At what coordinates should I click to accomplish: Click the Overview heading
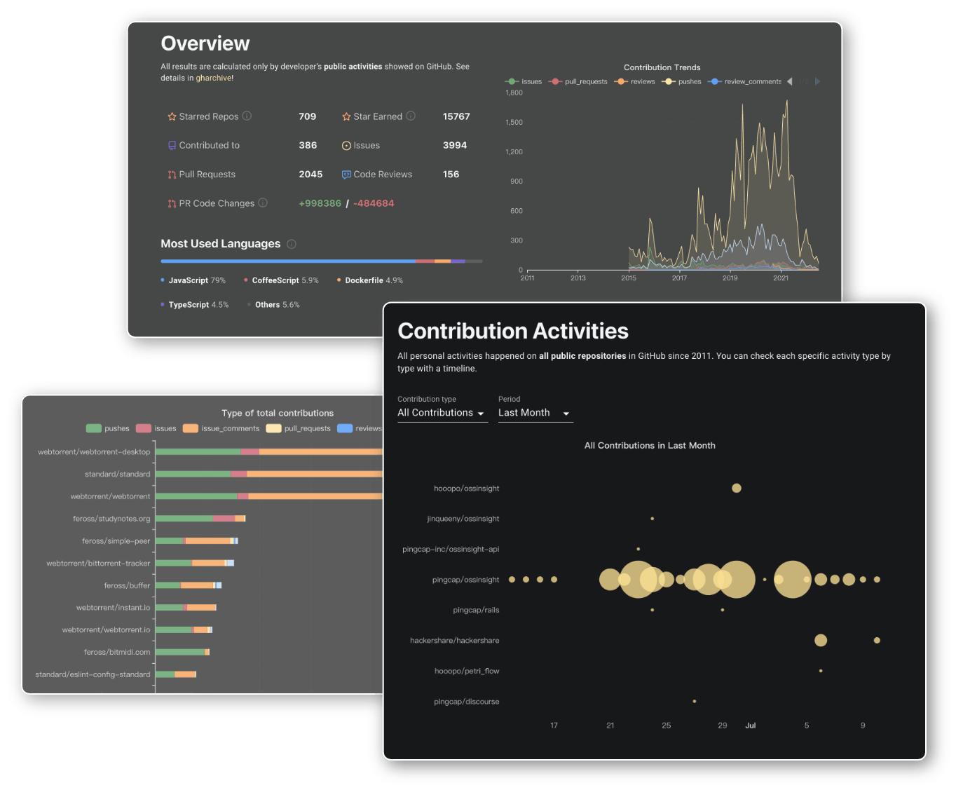tap(205, 43)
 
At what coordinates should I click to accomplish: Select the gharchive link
tap(214, 78)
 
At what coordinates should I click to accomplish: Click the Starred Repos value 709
tap(307, 116)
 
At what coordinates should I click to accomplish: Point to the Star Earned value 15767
tap(456, 116)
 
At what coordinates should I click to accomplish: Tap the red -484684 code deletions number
tap(374, 203)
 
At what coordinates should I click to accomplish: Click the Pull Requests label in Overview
tap(207, 175)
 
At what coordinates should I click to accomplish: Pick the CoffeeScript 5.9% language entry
tap(285, 280)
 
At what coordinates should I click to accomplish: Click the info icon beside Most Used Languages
tap(292, 244)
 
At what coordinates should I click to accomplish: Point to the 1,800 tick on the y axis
tap(514, 93)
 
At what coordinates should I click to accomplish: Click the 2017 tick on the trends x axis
tap(679, 278)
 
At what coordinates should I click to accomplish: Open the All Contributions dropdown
tap(442, 413)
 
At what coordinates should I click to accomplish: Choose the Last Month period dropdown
tap(534, 413)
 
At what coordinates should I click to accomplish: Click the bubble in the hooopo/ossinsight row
tap(736, 488)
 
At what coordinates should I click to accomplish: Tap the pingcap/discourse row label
tap(466, 702)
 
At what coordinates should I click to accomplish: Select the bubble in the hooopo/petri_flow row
tap(821, 671)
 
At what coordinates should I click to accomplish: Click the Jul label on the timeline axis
tap(750, 726)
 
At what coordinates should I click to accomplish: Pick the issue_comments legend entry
tap(221, 428)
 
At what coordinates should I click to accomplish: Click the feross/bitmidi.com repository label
tap(116, 652)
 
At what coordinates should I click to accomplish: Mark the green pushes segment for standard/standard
tap(193, 474)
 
